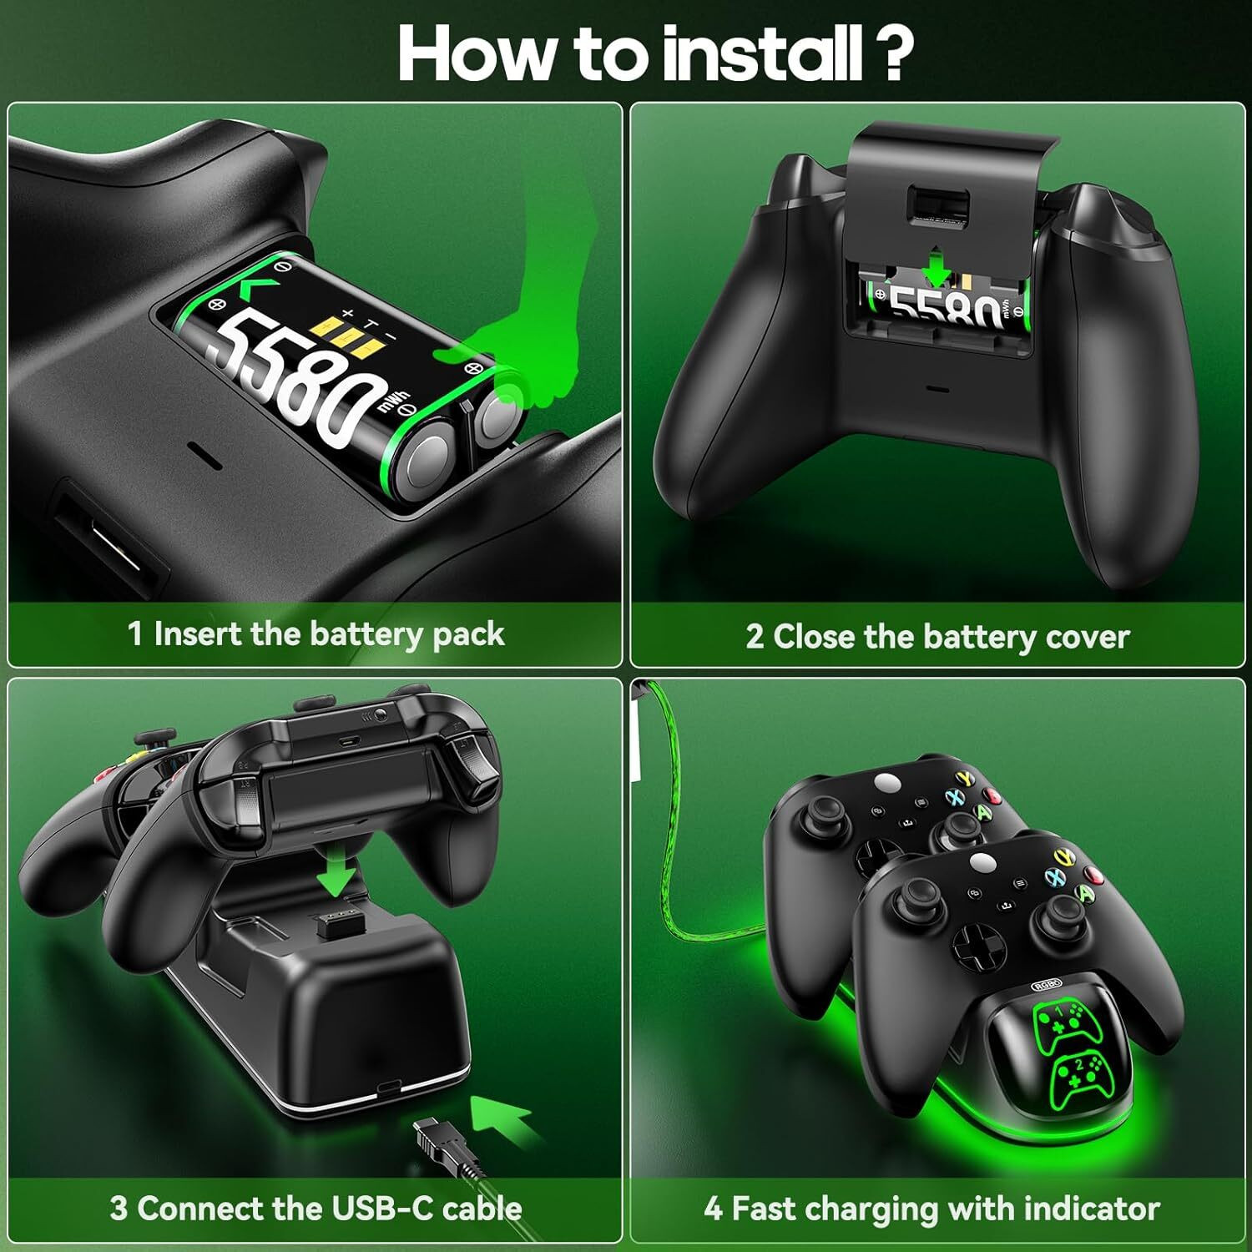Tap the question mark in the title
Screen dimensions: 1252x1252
click(x=892, y=53)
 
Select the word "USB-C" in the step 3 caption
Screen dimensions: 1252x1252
click(x=382, y=1209)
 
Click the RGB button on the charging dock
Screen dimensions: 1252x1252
click(x=1047, y=987)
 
